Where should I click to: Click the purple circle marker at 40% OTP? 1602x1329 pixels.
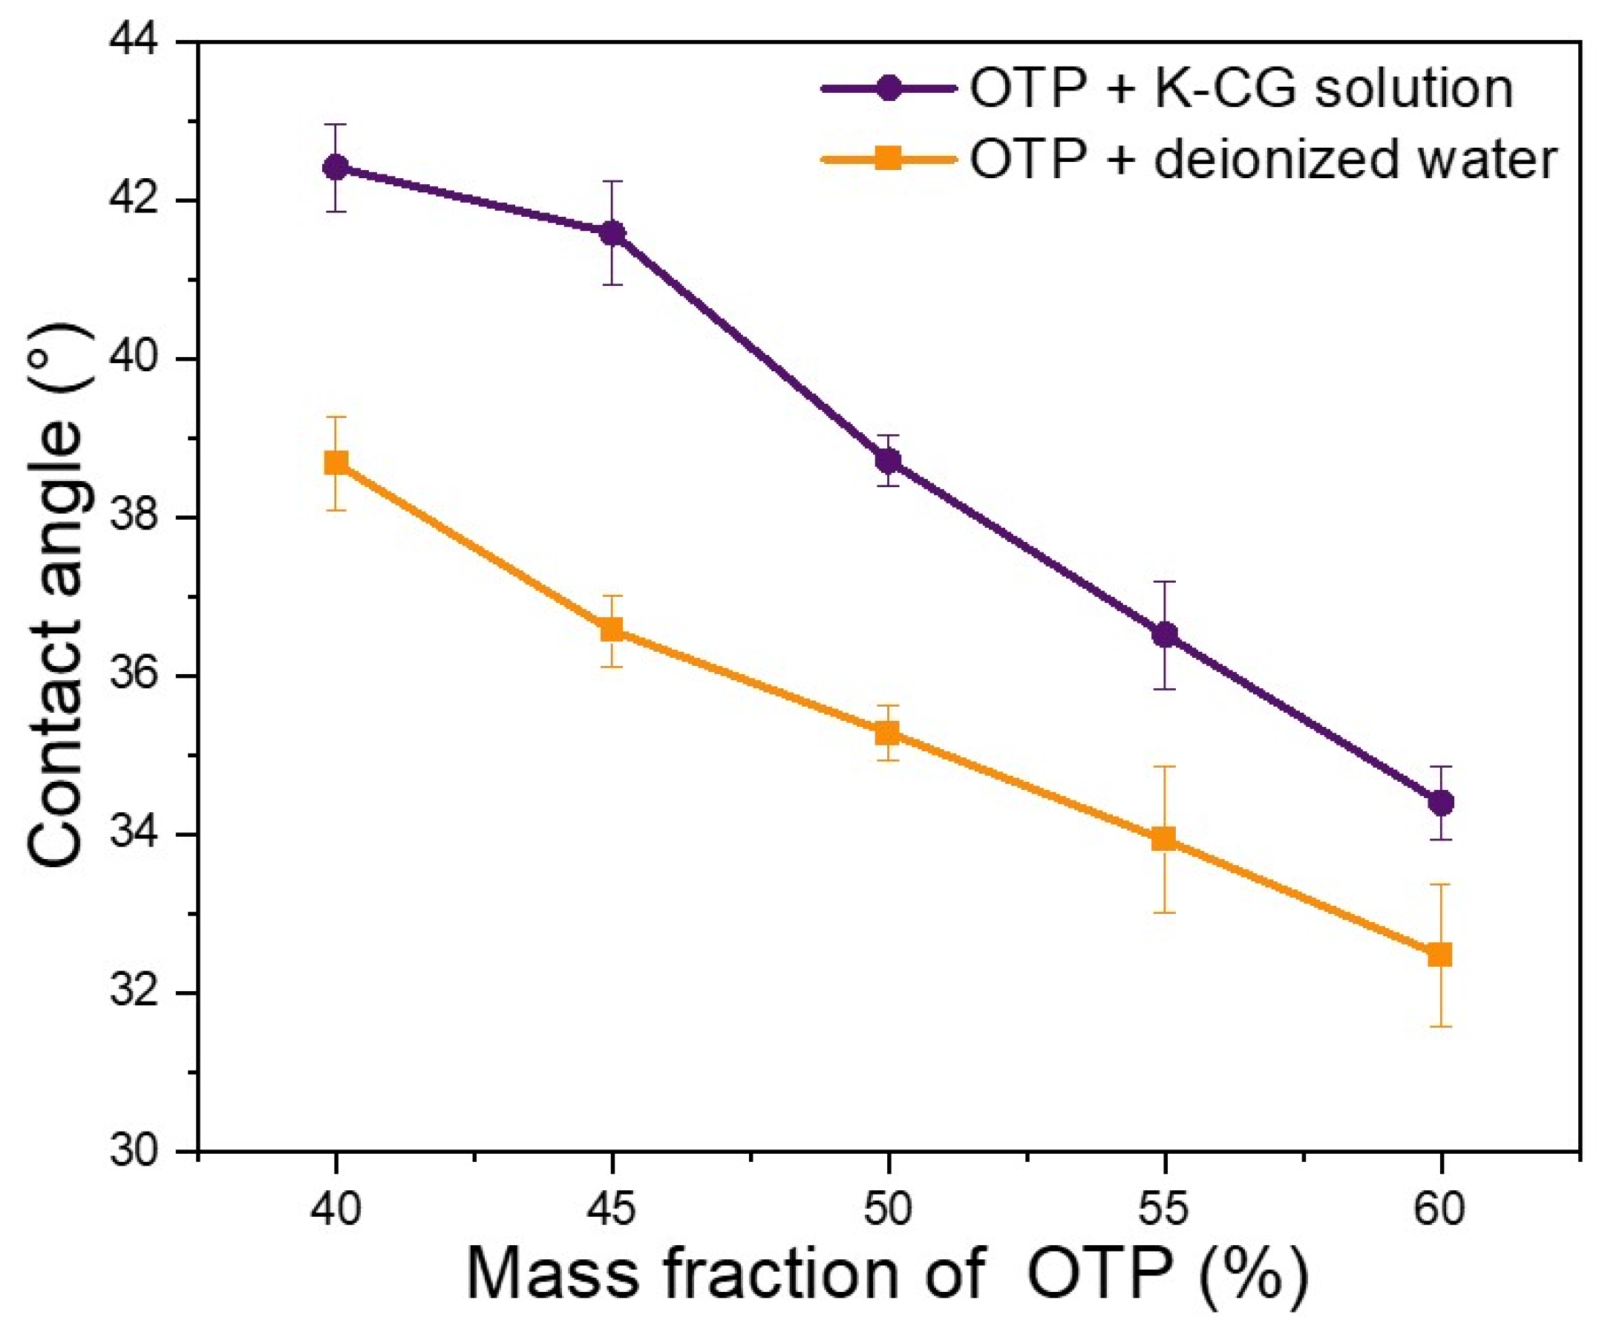[336, 167]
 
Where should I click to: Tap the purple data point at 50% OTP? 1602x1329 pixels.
[888, 461]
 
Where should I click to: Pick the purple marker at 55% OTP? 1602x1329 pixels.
[1164, 635]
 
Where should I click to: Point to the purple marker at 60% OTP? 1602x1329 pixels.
[1440, 803]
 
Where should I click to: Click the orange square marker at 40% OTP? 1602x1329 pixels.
[336, 463]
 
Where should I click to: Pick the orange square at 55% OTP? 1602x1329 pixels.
[1164, 839]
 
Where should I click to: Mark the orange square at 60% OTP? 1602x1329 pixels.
[1440, 954]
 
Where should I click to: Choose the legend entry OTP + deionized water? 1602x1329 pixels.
[1263, 160]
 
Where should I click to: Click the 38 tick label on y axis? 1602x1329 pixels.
[136, 518]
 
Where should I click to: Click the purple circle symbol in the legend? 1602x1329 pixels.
[887, 89]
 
